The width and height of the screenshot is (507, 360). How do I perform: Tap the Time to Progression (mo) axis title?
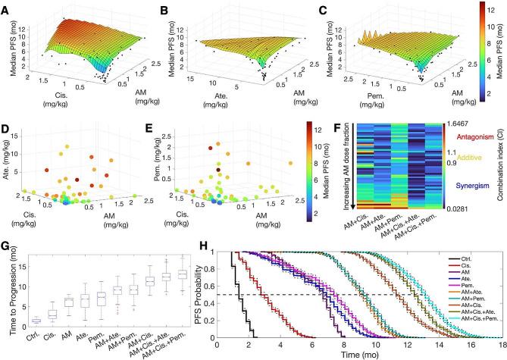[9, 297]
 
